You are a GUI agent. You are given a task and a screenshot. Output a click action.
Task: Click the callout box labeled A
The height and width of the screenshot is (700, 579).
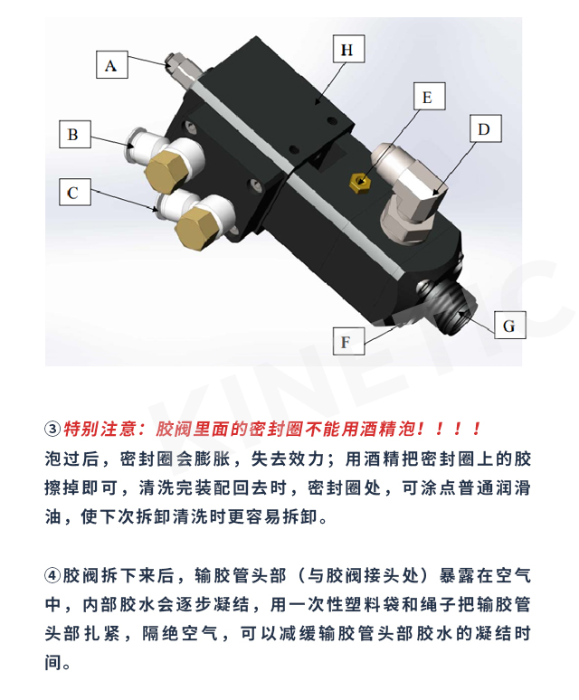point(112,65)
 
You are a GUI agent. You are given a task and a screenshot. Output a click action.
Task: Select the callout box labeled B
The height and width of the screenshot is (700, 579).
point(75,134)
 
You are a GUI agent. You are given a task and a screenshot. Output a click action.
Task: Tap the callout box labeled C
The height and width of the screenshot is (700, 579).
point(75,192)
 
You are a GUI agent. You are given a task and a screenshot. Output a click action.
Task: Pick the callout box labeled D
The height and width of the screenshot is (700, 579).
point(486,128)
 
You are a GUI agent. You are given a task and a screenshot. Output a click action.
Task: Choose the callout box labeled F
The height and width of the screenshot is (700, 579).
point(348,342)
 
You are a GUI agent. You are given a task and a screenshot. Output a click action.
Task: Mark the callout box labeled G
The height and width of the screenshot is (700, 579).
point(510,325)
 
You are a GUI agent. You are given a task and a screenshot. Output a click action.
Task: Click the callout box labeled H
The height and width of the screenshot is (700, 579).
point(349,49)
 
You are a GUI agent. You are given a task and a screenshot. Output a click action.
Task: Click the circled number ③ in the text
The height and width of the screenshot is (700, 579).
point(52,429)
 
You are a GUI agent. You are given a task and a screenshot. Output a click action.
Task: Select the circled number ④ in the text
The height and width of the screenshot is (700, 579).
point(52,575)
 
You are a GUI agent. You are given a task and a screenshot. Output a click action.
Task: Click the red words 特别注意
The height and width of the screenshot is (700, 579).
point(100,429)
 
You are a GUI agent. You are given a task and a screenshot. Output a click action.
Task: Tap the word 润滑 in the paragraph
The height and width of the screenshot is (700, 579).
point(513,487)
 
